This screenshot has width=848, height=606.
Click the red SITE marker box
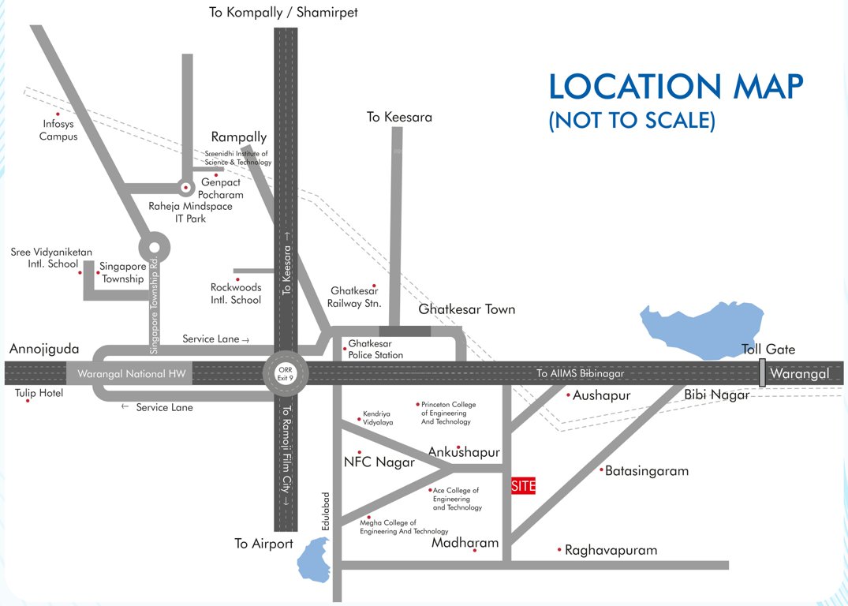[523, 486]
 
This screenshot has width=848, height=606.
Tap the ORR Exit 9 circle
[285, 373]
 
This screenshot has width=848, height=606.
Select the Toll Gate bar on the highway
[762, 373]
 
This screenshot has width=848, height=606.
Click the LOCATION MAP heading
[676, 88]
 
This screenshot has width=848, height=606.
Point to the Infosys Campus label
[58, 130]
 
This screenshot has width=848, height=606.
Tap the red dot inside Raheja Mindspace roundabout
[185, 188]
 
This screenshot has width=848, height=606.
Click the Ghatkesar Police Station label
[375, 350]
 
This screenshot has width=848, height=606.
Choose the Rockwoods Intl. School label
[236, 294]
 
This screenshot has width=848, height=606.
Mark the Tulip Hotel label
[39, 393]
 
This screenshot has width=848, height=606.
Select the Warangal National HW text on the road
[127, 374]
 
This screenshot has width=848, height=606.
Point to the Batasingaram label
[647, 471]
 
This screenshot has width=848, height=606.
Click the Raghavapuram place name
[611, 550]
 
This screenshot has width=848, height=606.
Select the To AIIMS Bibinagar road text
[580, 373]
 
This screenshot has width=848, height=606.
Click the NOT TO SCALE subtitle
[632, 121]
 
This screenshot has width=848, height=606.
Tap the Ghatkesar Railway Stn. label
[355, 297]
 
